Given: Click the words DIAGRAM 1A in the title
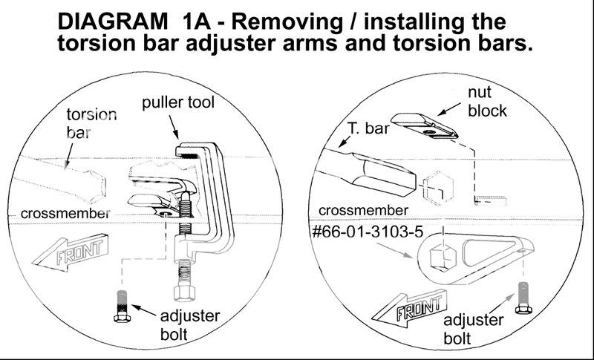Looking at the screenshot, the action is coord(134,22).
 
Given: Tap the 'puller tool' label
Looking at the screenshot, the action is coord(178,102).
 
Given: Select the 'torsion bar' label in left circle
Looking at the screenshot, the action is coord(91,123).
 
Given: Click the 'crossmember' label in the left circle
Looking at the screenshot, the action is coord(65,214).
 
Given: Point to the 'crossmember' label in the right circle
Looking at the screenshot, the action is coord(363,211).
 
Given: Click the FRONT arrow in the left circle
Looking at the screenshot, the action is coord(71,252).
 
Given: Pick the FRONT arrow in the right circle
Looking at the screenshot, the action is coord(410,307).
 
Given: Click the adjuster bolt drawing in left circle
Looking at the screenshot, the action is coord(122,306).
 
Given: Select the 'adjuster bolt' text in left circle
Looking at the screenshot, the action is coord(190,325).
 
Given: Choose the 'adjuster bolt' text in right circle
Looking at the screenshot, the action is coord(473,329).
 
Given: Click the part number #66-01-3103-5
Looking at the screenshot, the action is coord(368,232).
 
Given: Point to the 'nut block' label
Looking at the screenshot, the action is coord(487,102).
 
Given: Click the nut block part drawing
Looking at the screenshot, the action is coord(425,125).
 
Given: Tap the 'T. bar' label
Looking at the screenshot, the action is coord(368,128).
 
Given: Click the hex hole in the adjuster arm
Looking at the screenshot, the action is coord(443,257).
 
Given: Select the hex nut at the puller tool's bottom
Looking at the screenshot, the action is coord(184,292).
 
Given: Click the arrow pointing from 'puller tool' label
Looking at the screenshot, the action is coord(173,127).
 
